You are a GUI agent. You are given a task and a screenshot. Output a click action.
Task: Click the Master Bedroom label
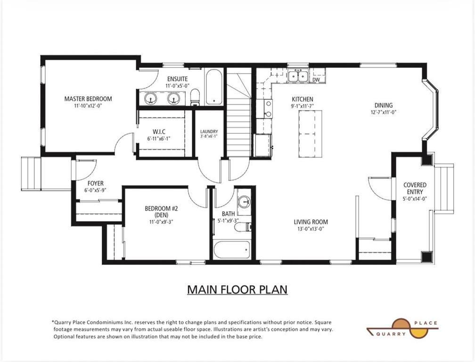88,99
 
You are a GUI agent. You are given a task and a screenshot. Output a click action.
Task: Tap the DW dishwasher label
316,80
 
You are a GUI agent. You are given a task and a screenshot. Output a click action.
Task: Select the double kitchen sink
298,75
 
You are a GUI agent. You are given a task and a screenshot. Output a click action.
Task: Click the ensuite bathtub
214,87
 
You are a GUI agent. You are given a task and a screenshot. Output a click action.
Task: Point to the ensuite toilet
195,97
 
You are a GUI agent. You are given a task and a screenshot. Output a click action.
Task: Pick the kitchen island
310,133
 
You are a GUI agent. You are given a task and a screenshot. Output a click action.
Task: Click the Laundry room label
209,132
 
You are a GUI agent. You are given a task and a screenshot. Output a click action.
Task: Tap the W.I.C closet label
159,132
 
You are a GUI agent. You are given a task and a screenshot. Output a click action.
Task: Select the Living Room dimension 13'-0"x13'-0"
311,229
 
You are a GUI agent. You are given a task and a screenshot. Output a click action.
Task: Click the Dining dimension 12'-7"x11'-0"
383,112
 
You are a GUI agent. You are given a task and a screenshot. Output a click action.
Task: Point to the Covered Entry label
415,188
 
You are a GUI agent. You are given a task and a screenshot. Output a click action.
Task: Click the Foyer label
95,183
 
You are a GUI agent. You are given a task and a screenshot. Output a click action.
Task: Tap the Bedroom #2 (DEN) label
161,212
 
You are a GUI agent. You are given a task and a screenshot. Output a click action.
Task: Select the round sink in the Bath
244,202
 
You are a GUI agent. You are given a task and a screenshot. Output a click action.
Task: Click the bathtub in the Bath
232,250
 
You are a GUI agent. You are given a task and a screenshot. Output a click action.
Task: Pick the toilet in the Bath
244,227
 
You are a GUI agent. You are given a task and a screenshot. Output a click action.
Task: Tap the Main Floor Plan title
237,289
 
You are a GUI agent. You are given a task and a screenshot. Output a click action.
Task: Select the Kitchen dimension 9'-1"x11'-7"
303,107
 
